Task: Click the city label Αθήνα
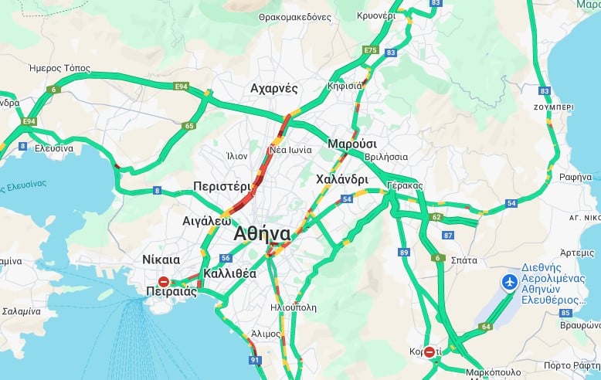coord(263,234)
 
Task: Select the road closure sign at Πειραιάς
coord(164,282)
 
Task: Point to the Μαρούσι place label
coord(352,144)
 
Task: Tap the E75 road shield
coord(371,50)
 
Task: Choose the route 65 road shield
coord(189,126)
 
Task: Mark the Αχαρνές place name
coord(274,88)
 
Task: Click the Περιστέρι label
coord(222,186)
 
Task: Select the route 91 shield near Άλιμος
coord(256,360)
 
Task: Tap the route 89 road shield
coord(404,252)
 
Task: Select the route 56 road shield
coord(226,259)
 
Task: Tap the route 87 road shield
coord(447,235)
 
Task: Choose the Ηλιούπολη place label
coord(294,307)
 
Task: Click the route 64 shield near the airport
coord(485,327)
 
